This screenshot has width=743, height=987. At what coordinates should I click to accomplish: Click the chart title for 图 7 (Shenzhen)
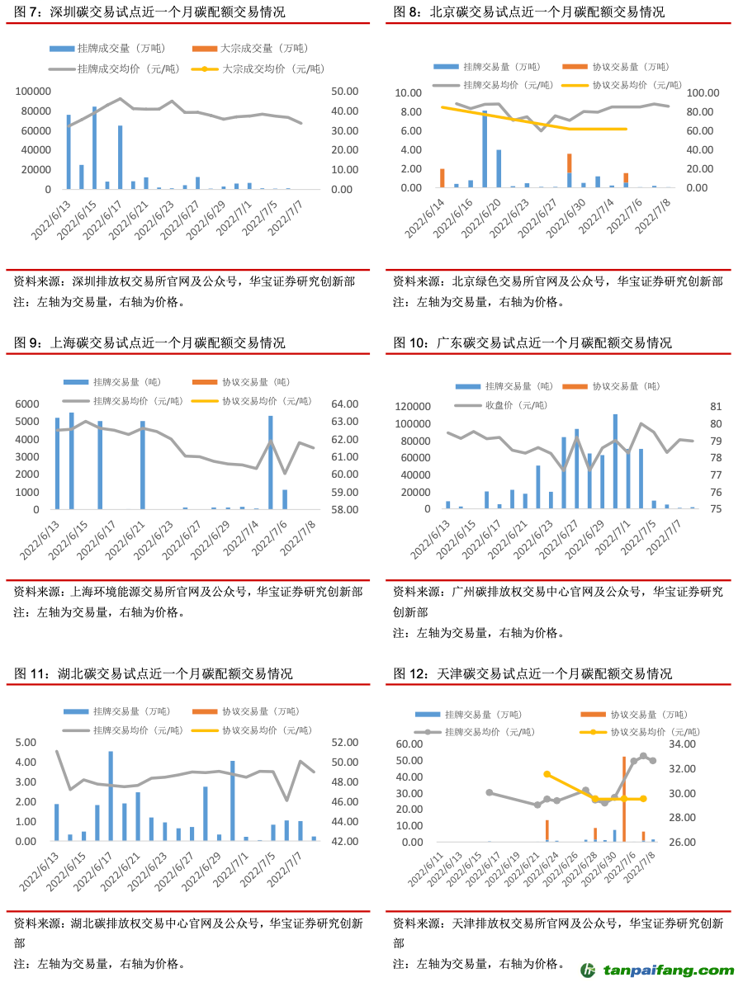[150, 12]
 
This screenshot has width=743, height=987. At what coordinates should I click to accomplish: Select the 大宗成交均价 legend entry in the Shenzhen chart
[266, 68]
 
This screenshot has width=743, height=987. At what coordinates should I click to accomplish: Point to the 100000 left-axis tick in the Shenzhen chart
[34, 92]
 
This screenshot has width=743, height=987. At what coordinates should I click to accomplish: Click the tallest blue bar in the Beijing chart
[485, 149]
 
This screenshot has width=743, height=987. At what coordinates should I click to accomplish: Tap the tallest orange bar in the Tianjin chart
[623, 799]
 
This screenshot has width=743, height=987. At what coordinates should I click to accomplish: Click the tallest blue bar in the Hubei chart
[111, 796]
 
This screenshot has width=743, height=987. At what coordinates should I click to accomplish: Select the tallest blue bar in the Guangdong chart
[615, 461]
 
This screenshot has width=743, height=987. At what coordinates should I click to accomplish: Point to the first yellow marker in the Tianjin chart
[547, 774]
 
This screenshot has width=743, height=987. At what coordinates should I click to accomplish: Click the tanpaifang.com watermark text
[669, 970]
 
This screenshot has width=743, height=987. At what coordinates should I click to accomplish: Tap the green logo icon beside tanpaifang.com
[589, 970]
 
